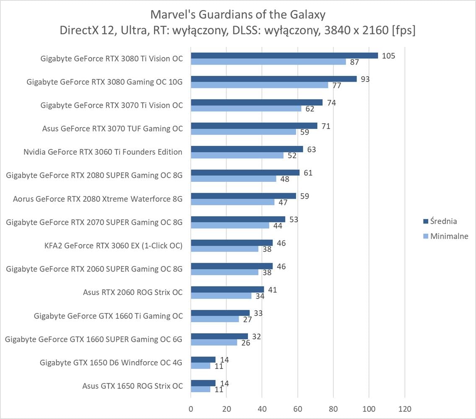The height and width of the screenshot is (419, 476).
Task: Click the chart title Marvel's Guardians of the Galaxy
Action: (238, 15)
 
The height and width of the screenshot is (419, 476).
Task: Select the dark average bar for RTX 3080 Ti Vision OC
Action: (284, 56)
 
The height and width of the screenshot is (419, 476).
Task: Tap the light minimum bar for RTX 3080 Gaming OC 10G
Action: (259, 85)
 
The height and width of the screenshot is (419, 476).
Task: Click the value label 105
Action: (389, 56)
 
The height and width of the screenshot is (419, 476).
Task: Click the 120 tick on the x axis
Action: (405, 409)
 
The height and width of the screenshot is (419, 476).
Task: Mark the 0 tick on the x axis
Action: (191, 409)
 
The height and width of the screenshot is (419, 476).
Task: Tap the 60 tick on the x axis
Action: (298, 409)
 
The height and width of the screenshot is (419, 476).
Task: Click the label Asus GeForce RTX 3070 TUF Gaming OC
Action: (112, 129)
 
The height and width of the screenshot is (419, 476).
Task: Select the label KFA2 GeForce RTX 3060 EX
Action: (113, 246)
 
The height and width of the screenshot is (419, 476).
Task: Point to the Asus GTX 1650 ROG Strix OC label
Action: (133, 386)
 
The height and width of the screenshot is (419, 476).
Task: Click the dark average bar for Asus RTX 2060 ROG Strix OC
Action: (227, 290)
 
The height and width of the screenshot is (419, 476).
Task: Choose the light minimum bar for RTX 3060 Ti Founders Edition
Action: (237, 155)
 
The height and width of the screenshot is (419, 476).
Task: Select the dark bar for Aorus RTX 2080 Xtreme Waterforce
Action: (243, 196)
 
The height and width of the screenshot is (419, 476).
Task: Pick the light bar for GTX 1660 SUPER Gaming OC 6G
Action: (214, 342)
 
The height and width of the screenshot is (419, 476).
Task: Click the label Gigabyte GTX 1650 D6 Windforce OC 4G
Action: (111, 362)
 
